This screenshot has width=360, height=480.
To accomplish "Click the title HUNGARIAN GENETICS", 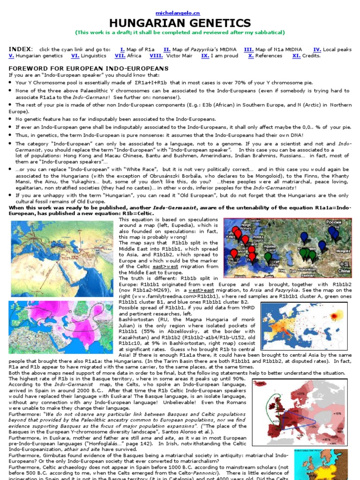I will (x=180, y=23).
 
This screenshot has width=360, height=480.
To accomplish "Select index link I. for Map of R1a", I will (x=122, y=49).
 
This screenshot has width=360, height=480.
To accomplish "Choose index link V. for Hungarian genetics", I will (x=11, y=56).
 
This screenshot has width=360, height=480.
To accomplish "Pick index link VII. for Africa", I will (x=120, y=56).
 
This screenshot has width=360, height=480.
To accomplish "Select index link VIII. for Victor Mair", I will (x=156, y=56).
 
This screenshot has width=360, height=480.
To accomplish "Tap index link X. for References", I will (x=251, y=56).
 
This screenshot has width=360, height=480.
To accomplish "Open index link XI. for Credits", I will (x=296, y=56).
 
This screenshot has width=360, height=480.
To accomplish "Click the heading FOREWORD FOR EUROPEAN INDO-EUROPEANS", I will (x=89, y=68).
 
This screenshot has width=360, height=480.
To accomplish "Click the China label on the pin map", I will (x=344, y=271).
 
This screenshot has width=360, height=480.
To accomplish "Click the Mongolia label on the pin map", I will (x=343, y=250).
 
